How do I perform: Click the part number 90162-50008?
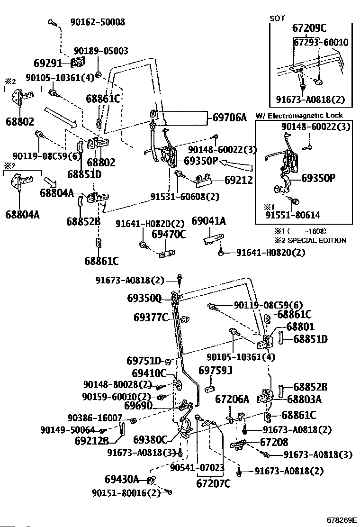click(x=98, y=22)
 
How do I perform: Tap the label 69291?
click(x=48, y=63)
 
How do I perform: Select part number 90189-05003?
click(x=101, y=51)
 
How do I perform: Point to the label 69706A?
click(x=230, y=118)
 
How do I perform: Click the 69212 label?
click(x=238, y=180)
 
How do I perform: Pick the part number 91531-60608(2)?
click(x=185, y=197)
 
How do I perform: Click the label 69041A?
click(x=208, y=221)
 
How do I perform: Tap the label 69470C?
click(x=169, y=234)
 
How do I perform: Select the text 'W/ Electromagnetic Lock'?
click(x=299, y=116)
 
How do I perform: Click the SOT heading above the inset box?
click(x=277, y=18)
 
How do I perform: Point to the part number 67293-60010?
click(x=321, y=42)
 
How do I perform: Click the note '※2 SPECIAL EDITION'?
click(x=310, y=240)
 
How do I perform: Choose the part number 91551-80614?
click(x=293, y=215)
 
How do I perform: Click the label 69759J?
click(x=216, y=371)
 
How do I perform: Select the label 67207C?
click(x=214, y=484)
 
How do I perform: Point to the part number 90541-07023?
click(x=197, y=468)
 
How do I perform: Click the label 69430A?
click(x=122, y=479)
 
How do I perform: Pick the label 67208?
click(x=274, y=442)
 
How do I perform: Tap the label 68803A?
click(x=304, y=400)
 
